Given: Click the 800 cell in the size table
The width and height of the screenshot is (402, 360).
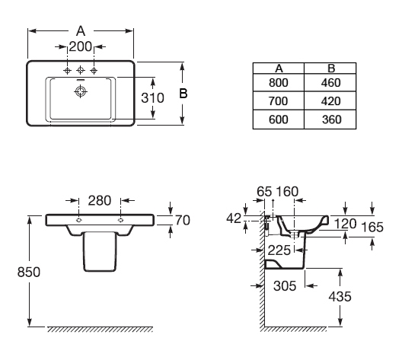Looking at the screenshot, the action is click(279, 83).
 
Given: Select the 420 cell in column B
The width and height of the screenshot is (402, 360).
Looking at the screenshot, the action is click(330, 101).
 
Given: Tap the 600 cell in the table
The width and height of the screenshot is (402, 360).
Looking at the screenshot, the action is click(279, 119).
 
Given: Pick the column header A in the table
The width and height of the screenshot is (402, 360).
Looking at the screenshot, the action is click(279, 68).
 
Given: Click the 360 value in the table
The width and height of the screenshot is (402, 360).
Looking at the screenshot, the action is click(331, 119).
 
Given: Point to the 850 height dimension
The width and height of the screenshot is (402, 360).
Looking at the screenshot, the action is click(29, 272).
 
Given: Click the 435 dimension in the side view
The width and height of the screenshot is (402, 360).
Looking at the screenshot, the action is click(340, 297).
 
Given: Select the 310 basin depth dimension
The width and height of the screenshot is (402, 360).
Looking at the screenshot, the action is click(152, 98).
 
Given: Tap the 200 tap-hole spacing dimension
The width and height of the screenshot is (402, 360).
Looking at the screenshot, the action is click(81, 46).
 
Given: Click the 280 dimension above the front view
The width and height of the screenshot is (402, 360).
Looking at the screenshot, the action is click(100, 200).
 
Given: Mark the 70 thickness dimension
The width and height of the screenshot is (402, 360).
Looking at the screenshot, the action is click(183, 221).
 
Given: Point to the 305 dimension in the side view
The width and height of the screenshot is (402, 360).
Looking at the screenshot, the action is click(285, 285).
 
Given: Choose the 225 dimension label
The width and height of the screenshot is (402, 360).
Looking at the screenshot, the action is click(279, 250).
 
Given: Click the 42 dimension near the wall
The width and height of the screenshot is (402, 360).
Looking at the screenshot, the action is click(234, 218).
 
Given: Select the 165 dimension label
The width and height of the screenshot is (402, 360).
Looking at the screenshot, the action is click(372, 227).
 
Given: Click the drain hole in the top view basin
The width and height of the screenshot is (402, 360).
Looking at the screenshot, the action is click(81, 91).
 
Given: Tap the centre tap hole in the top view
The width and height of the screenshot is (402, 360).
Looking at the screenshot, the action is click(81, 70).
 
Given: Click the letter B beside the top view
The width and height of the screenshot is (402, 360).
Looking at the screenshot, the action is click(183, 94).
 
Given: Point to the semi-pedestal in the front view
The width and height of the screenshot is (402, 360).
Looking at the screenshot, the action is click(100, 251).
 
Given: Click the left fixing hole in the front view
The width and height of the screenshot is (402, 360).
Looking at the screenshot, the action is click(79, 220).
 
